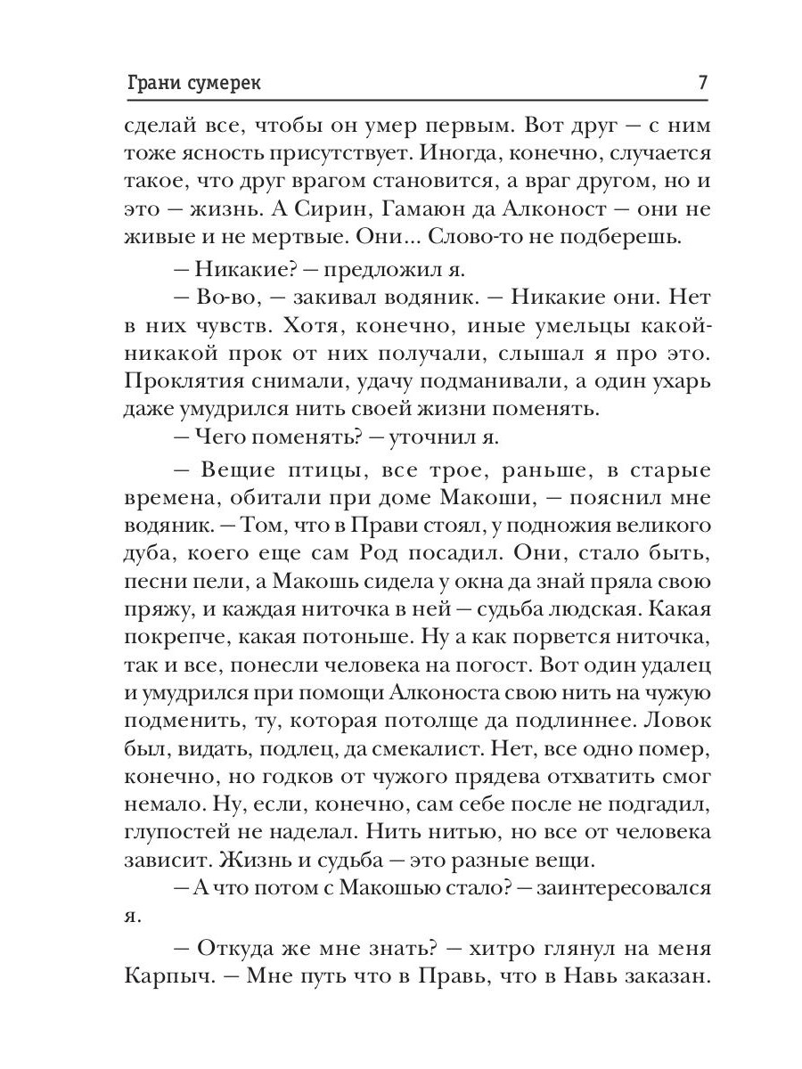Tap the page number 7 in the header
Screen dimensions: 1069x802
point(702,84)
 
